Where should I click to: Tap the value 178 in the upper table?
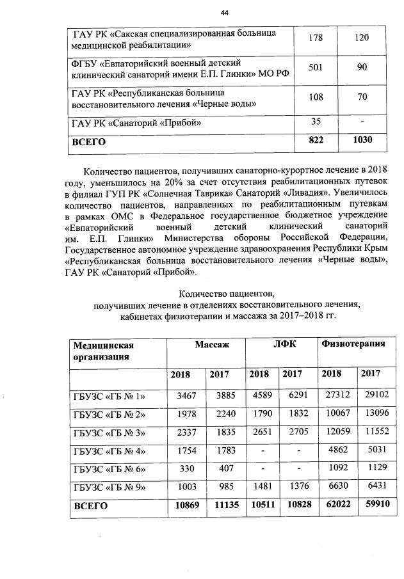[314, 38]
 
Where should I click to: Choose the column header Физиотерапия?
[353, 344]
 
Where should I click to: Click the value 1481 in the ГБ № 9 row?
[259, 487]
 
